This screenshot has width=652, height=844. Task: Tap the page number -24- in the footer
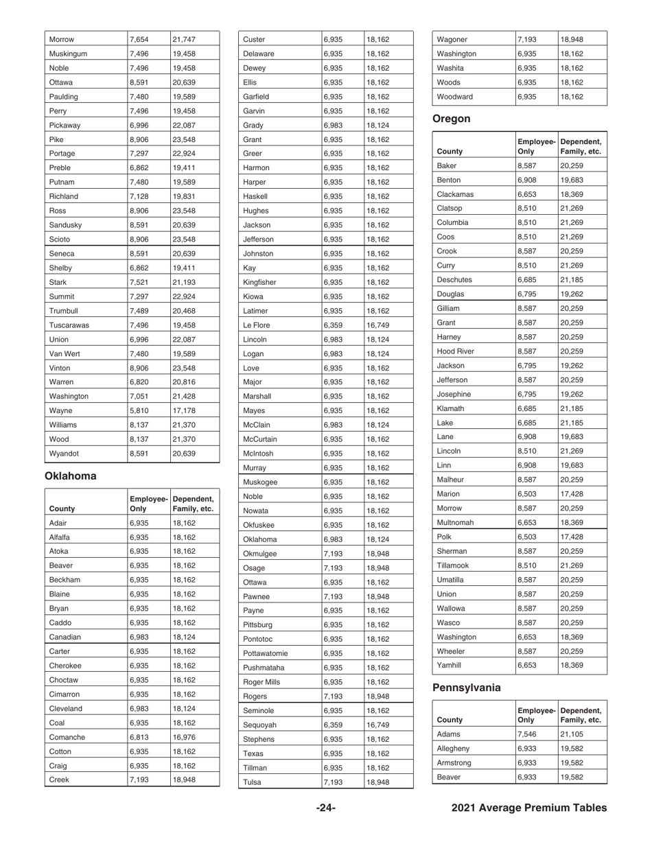pyautogui.click(x=325, y=808)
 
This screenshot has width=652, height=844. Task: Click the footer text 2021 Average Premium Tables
pyautogui.click(x=529, y=808)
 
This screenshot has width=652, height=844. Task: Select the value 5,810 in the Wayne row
pyautogui.click(x=139, y=410)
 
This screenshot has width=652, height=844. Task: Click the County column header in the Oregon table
pyautogui.click(x=450, y=152)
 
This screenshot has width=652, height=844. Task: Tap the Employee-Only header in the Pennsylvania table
pyautogui.click(x=536, y=714)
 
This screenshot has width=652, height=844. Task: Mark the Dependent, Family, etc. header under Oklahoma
pyautogui.click(x=194, y=504)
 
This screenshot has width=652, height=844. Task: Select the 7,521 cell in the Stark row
pyautogui.click(x=139, y=281)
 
